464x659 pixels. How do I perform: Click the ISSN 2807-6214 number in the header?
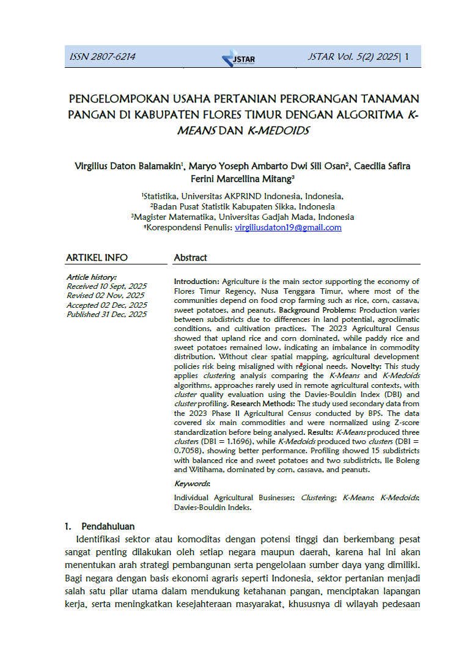[102, 57]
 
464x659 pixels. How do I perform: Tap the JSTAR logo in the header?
[238, 58]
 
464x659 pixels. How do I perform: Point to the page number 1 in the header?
[407, 57]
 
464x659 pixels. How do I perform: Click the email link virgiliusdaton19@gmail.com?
[288, 228]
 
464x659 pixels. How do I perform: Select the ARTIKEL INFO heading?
[97, 258]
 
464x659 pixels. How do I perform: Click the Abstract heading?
[191, 258]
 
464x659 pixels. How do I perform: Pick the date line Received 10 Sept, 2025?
[106, 286]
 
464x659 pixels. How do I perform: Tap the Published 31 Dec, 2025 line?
[106, 315]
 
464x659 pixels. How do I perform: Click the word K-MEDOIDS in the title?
[279, 131]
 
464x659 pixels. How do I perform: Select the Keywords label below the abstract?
[192, 484]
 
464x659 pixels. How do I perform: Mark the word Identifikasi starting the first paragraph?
[100, 539]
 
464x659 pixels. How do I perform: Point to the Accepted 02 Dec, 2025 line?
[106, 305]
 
